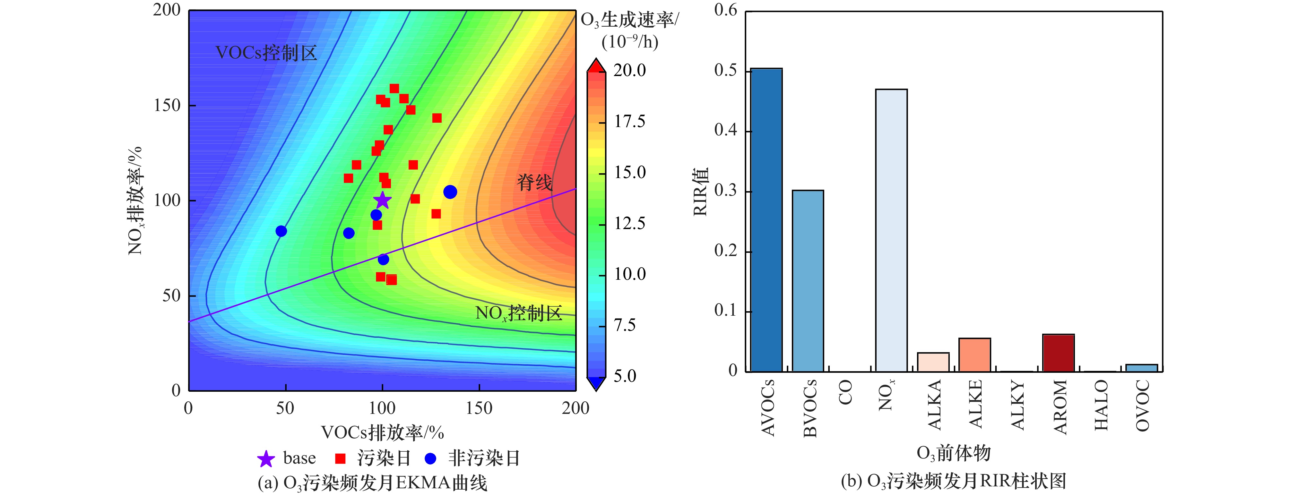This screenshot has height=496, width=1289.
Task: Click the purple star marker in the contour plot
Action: pyautogui.click(x=382, y=200)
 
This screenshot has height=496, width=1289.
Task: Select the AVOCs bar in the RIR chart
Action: pyautogui.click(x=766, y=220)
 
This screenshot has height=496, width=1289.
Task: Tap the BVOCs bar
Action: pyautogui.click(x=808, y=281)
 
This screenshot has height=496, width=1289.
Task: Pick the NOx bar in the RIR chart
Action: pyautogui.click(x=891, y=230)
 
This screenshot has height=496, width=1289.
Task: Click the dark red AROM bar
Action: pyautogui.click(x=1058, y=353)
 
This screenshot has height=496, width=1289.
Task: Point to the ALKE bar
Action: pyautogui.click(x=975, y=355)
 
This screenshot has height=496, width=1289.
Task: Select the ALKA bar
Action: pyautogui.click(x=933, y=362)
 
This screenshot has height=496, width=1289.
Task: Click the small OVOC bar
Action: pyautogui.click(x=1142, y=368)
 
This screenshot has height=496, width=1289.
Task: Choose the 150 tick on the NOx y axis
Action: pyautogui.click(x=167, y=106)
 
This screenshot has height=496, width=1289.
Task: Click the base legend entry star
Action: pyautogui.click(x=266, y=458)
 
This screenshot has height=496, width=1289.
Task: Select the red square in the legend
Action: pyautogui.click(x=340, y=458)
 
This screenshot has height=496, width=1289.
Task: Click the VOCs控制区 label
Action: pyautogui.click(x=266, y=53)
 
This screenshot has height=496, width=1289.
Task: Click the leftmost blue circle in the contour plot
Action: pyautogui.click(x=281, y=231)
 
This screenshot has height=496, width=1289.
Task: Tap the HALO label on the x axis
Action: pyautogui.click(x=1101, y=405)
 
